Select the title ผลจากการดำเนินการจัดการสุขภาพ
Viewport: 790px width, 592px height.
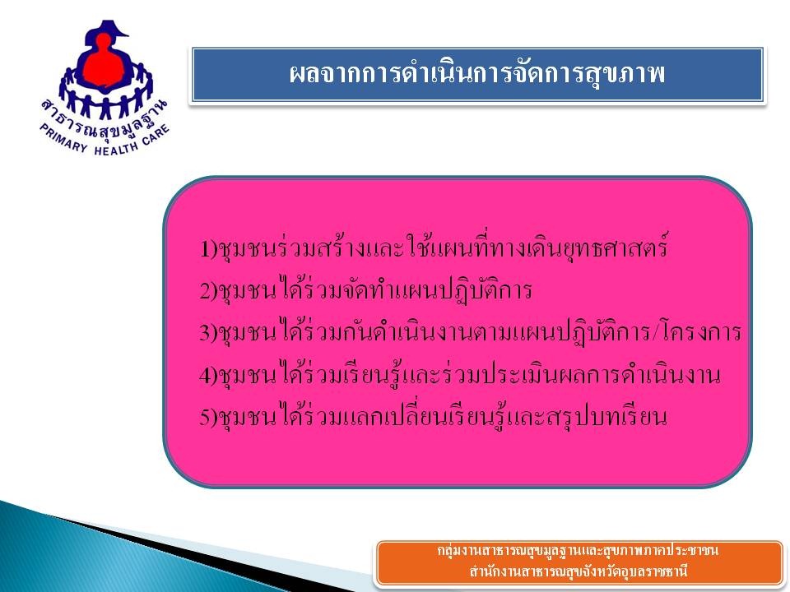(477, 73)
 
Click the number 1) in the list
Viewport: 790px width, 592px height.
(207, 248)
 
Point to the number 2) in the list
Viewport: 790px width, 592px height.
(207, 290)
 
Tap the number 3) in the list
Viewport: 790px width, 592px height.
(207, 333)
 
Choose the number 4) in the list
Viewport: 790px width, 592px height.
(207, 375)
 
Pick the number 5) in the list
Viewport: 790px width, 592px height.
(207, 418)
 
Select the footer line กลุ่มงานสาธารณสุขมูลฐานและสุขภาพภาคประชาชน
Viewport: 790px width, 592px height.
(578, 550)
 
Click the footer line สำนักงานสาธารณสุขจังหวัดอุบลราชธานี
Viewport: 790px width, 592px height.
(579, 571)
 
